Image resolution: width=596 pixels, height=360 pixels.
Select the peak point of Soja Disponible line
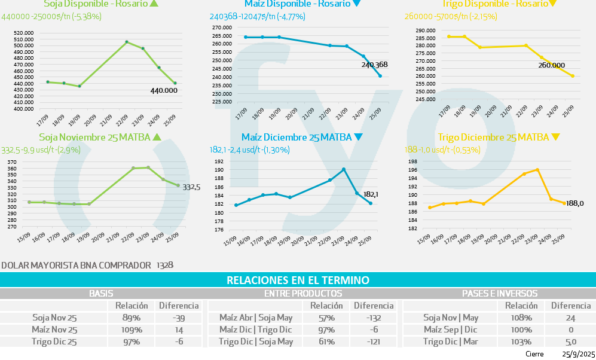click(126, 42)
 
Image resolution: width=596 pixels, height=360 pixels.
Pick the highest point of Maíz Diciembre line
click(344, 169)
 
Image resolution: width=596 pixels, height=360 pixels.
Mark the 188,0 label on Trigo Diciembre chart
click(574, 204)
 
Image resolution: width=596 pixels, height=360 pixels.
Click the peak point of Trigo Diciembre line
click(537, 170)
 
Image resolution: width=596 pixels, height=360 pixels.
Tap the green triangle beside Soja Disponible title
click(154, 4)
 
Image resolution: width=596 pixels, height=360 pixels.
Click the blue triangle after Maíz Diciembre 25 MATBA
click(358, 137)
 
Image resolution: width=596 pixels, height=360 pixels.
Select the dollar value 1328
click(164, 264)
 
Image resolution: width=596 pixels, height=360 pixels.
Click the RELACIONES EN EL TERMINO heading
click(298, 280)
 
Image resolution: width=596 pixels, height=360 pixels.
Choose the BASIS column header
click(101, 294)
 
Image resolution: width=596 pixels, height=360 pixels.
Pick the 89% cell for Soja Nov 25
click(131, 318)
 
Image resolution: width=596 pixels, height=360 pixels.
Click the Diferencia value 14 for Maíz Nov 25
click(179, 330)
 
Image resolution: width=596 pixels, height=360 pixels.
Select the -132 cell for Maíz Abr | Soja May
click(374, 318)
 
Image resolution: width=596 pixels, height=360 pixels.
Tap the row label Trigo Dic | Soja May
click(256, 341)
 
